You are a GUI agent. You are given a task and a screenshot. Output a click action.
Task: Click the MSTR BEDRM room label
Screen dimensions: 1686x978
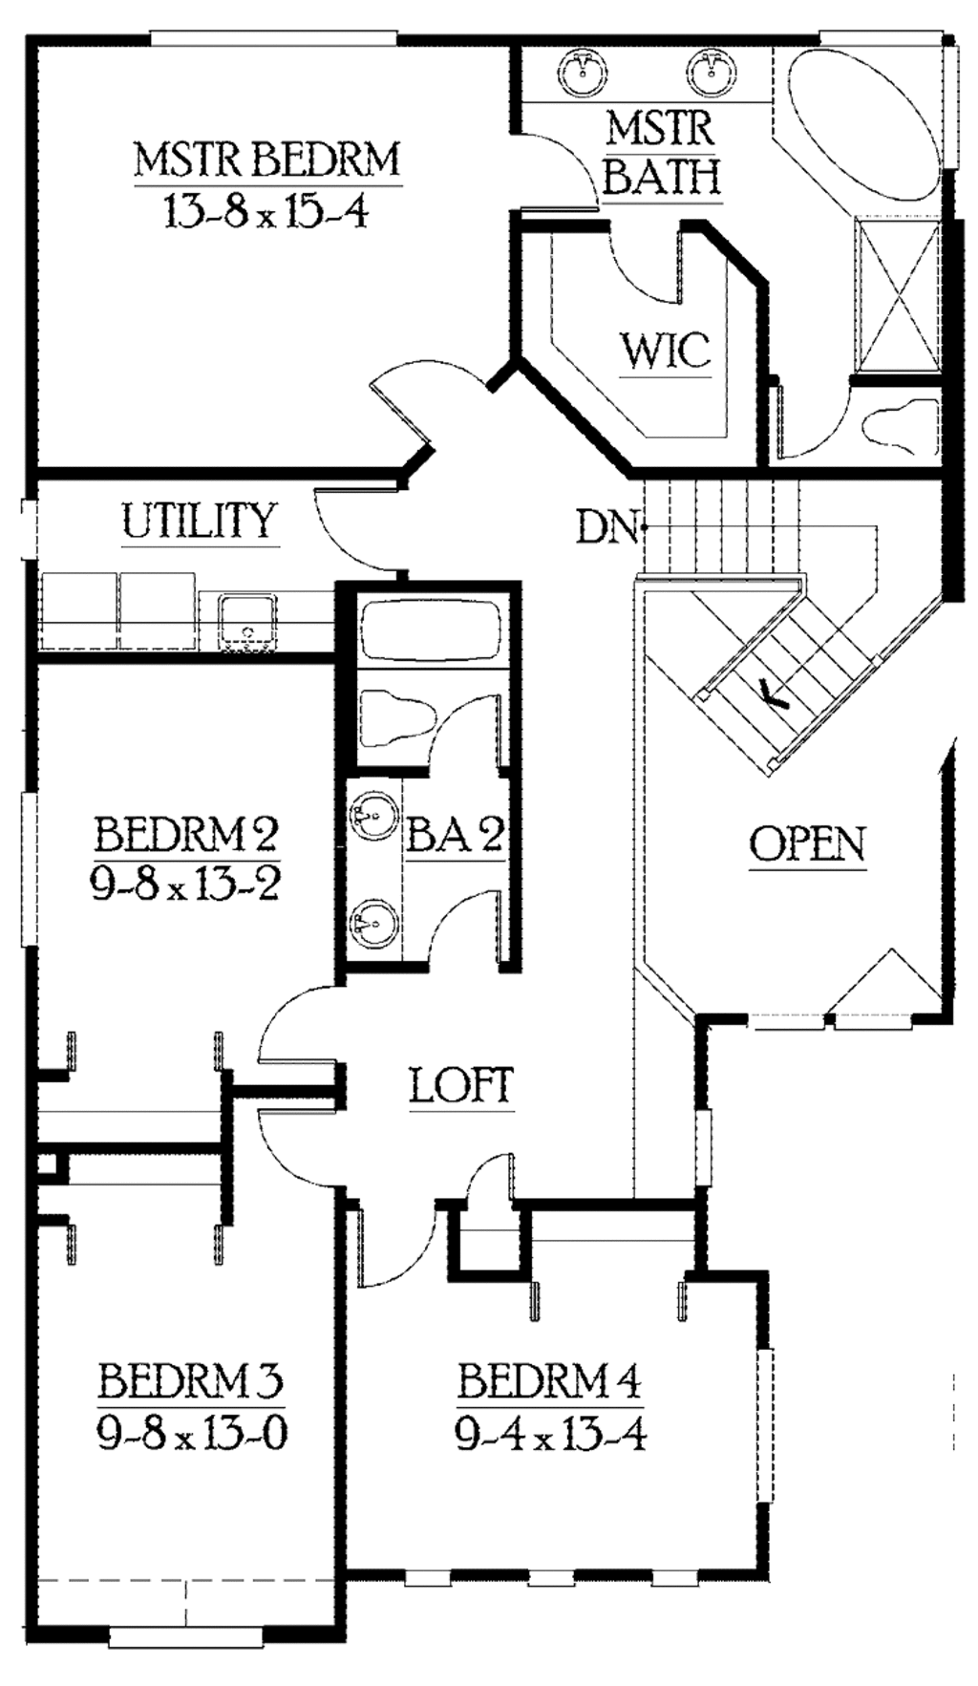coord(266,159)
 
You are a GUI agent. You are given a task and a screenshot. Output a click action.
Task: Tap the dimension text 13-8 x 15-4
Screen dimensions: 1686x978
coord(266,211)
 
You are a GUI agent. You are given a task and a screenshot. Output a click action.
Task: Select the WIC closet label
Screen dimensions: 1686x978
coord(666,351)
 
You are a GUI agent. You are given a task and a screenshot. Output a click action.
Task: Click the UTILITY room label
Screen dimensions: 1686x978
coord(199,521)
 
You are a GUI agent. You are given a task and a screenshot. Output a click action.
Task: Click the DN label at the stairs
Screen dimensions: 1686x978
coord(606,526)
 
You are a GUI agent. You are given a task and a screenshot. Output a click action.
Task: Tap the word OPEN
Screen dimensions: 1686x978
coord(807,844)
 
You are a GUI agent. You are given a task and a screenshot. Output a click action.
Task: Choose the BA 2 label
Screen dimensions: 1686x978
coord(454,836)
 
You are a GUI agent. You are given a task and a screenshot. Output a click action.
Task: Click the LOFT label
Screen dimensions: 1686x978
coord(461,1086)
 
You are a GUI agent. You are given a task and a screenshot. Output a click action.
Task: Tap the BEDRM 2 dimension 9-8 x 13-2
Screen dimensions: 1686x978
coord(185,885)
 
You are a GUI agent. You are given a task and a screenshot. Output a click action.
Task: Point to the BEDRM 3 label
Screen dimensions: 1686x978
coord(190,1380)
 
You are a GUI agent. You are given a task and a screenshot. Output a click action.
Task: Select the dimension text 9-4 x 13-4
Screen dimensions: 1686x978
coord(550,1434)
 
